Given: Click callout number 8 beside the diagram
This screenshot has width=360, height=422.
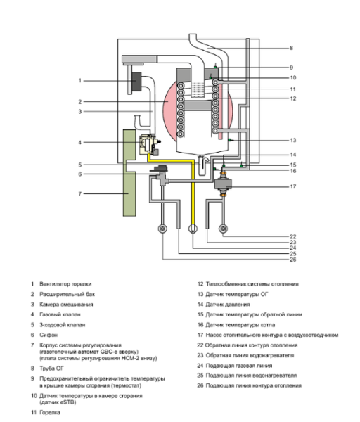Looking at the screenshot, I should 291,48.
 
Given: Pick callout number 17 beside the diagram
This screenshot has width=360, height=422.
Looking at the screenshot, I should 293,186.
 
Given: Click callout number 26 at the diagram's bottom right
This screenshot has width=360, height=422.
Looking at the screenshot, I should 294,260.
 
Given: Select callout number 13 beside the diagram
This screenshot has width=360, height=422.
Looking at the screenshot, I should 293,140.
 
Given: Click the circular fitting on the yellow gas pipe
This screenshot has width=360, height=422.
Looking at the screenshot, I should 192,229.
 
